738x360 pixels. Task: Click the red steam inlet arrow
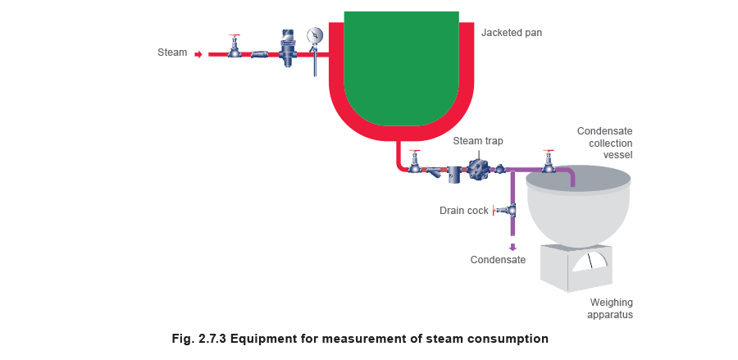(x=198, y=55)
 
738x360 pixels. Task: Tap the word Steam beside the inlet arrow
(x=172, y=52)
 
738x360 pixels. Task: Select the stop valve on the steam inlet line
(x=235, y=47)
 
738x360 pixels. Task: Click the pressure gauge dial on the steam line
(x=315, y=36)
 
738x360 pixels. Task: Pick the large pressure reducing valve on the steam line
(x=288, y=48)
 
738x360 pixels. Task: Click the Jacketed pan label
(x=512, y=33)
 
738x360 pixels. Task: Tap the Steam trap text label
(x=478, y=141)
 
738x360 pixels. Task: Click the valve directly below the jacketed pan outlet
(x=415, y=162)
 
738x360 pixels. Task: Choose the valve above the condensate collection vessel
(x=548, y=162)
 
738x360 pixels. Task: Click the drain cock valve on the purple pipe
(x=505, y=209)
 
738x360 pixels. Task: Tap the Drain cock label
(x=464, y=211)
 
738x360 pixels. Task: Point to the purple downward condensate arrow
(x=512, y=247)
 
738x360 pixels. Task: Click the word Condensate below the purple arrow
(x=498, y=260)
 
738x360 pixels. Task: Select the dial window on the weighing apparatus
(x=590, y=262)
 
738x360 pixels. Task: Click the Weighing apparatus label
(x=610, y=308)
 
